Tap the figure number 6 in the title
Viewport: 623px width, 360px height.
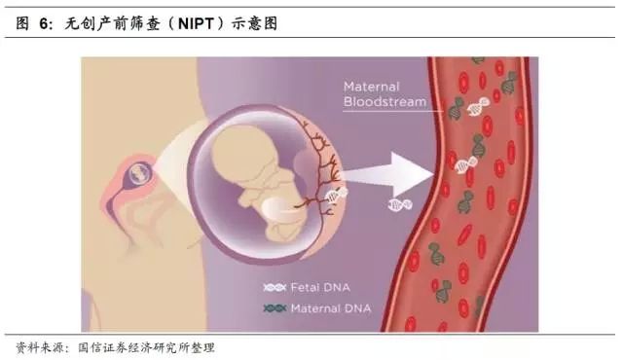[45, 23]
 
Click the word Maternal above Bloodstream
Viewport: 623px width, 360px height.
[371, 87]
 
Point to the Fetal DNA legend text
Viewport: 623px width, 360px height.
[321, 288]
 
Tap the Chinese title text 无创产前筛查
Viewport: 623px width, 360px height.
[107, 23]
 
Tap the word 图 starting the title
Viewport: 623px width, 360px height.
[22, 23]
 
